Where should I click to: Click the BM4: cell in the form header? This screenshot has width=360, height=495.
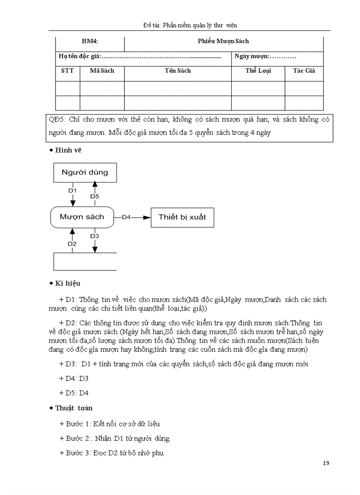tap(90, 41)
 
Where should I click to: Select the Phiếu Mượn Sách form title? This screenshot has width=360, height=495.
tap(223, 41)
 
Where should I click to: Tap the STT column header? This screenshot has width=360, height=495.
tap(67, 71)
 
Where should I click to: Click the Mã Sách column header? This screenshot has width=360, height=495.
tap(102, 71)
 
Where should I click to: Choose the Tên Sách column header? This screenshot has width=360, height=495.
tap(178, 71)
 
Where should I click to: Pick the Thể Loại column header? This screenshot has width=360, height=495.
tap(258, 71)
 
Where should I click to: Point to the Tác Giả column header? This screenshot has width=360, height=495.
tap(304, 71)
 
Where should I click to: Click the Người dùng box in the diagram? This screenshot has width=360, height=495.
tap(84, 172)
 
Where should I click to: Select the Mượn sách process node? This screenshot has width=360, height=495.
tap(82, 216)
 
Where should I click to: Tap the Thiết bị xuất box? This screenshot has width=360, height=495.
tap(182, 217)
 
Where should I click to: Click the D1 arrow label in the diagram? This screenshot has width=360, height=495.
tap(72, 190)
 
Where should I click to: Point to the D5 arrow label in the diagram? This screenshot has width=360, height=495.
tap(94, 196)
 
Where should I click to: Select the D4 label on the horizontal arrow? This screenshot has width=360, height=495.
tap(126, 217)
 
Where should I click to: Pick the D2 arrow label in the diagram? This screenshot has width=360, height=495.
tap(72, 243)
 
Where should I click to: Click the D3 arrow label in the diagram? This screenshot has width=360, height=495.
tap(94, 236)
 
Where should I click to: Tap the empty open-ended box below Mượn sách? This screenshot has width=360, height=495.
tap(85, 261)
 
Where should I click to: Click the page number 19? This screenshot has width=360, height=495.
tap(326, 463)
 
